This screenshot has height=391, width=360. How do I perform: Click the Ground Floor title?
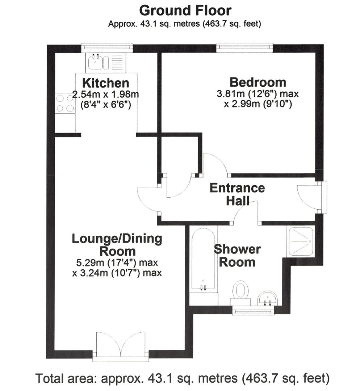click(185, 10)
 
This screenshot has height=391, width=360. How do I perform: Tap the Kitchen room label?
click(105, 83)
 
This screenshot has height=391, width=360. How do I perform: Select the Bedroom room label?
click(258, 82)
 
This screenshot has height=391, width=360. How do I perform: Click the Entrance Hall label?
click(237, 194)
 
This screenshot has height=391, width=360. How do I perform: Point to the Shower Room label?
click(237, 255)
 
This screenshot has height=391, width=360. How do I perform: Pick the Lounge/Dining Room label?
click(117, 244)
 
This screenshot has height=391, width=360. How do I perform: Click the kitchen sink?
click(96, 62)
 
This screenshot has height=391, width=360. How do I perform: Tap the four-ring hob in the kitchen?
click(65, 103)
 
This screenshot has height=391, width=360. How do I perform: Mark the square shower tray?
click(300, 241)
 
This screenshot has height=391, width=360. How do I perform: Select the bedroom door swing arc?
click(216, 164)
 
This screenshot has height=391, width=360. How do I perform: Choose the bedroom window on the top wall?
click(244, 47)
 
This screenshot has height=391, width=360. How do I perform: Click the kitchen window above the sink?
click(107, 47)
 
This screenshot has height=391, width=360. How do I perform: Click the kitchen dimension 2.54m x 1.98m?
click(105, 95)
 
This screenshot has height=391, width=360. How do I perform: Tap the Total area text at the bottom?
click(182, 379)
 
